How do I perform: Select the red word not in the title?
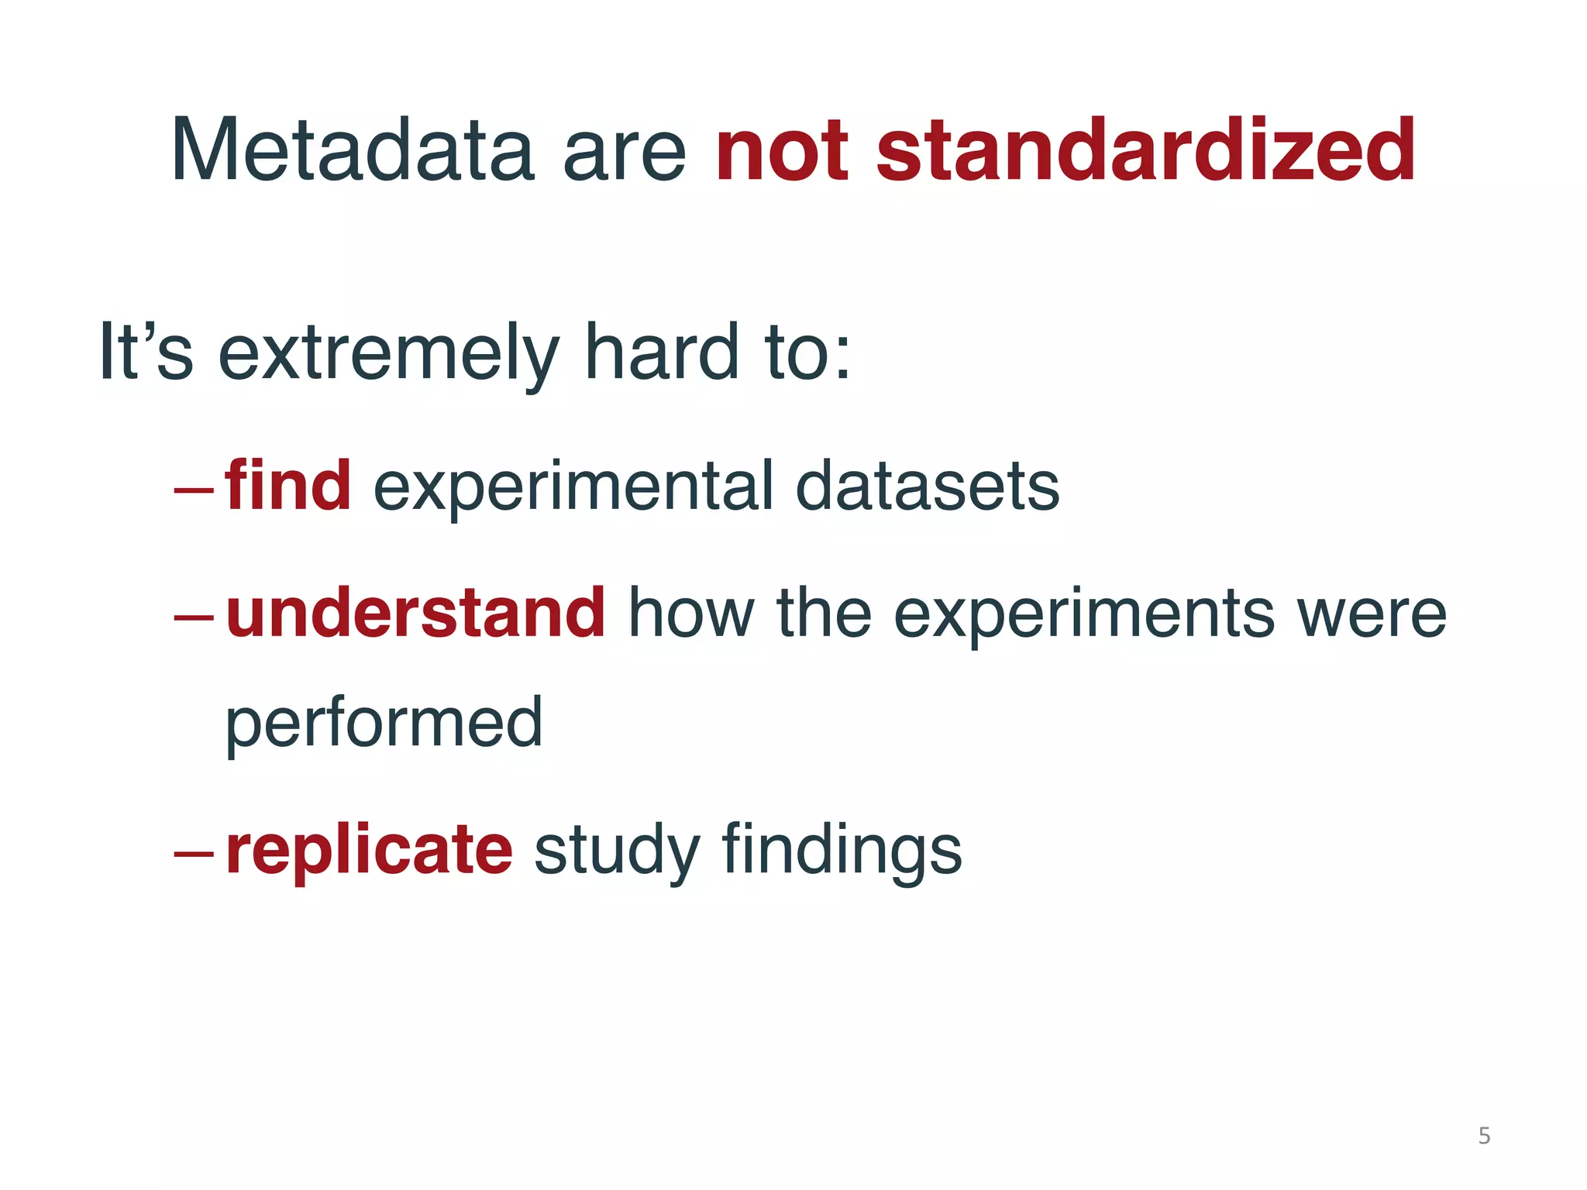point(783,152)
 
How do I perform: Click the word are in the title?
point(624,155)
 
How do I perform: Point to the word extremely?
point(388,354)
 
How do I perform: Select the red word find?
point(288,486)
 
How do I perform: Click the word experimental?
point(573,488)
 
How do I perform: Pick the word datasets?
point(927,487)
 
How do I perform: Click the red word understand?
point(415,614)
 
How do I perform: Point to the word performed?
point(384,724)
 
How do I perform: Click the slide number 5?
point(1484,1136)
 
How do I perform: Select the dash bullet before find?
point(194,490)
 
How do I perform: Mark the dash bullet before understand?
point(194,617)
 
